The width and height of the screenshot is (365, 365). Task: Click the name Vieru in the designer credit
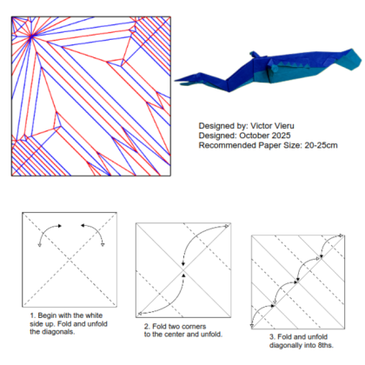[282, 126]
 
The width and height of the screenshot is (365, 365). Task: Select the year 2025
[281, 136]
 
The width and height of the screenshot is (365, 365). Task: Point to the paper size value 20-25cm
[321, 145]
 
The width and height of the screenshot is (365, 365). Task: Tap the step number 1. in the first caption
[33, 315]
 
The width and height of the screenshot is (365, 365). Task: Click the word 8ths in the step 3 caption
[326, 345]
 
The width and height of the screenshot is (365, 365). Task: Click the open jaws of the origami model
[185, 80]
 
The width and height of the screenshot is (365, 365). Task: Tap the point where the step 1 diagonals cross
[70, 260]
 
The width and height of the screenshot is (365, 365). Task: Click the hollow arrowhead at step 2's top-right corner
[227, 226]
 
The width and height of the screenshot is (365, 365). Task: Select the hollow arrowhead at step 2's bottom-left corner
[140, 314]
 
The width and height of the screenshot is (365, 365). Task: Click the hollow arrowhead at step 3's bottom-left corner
[252, 326]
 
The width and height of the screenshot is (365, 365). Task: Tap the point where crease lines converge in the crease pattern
[31, 36]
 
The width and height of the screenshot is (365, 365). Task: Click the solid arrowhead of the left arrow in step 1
[60, 226]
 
